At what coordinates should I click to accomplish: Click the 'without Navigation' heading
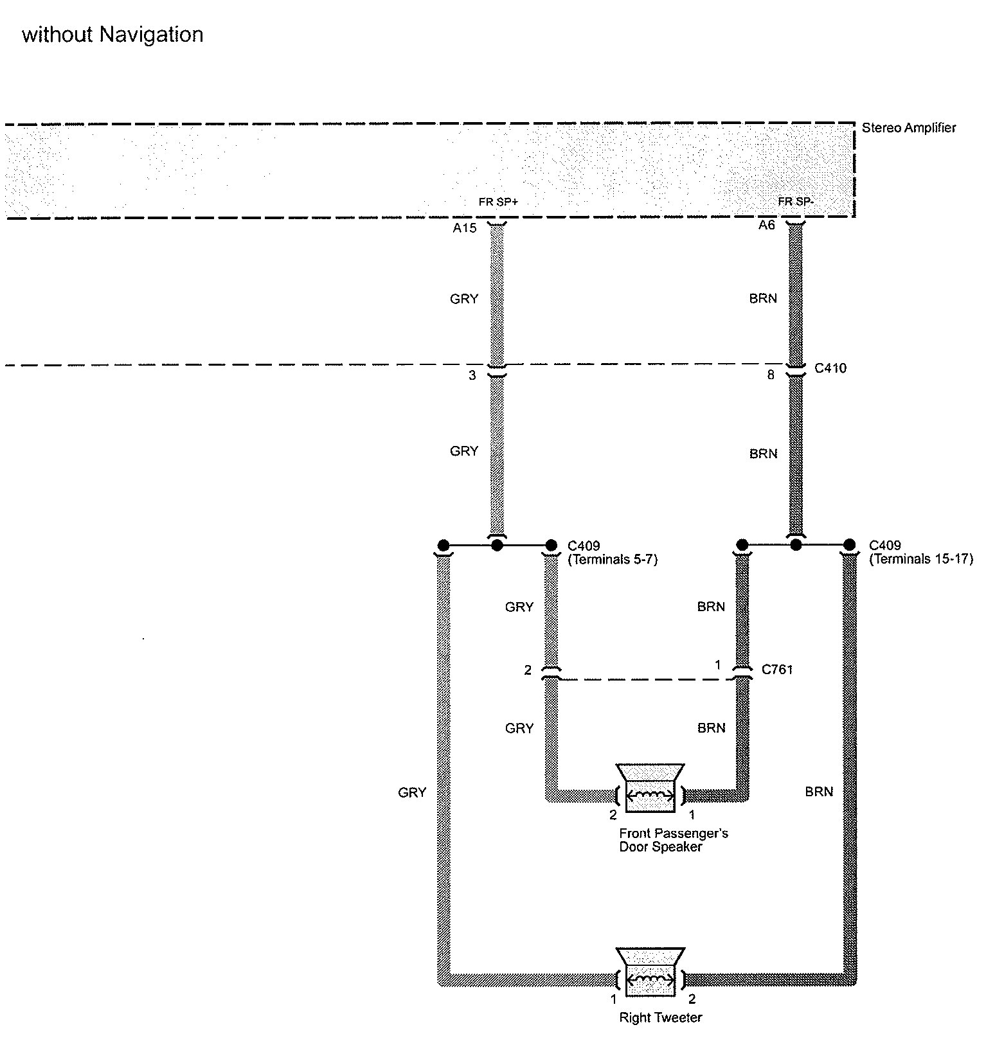(x=112, y=35)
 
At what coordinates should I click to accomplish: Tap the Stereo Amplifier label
(x=908, y=128)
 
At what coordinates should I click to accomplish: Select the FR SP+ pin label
(x=498, y=202)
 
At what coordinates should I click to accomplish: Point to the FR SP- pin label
(x=796, y=202)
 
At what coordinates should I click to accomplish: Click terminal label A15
(x=464, y=228)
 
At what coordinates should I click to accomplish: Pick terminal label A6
(x=766, y=226)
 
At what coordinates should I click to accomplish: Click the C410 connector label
(x=830, y=368)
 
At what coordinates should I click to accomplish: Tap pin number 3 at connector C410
(x=472, y=375)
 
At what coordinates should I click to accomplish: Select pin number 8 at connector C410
(x=771, y=375)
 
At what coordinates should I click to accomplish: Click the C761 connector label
(x=777, y=670)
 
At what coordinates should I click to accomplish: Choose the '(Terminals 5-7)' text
(x=613, y=560)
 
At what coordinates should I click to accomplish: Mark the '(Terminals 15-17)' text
(x=921, y=560)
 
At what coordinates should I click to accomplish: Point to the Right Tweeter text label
(x=660, y=1018)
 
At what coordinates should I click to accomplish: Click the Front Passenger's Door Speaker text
(x=672, y=841)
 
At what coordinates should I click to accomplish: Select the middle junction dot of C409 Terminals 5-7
(x=497, y=546)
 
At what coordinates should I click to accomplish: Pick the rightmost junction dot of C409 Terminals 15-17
(x=849, y=545)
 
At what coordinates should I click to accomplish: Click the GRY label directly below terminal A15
(x=464, y=299)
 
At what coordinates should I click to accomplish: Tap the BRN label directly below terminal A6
(x=763, y=299)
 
